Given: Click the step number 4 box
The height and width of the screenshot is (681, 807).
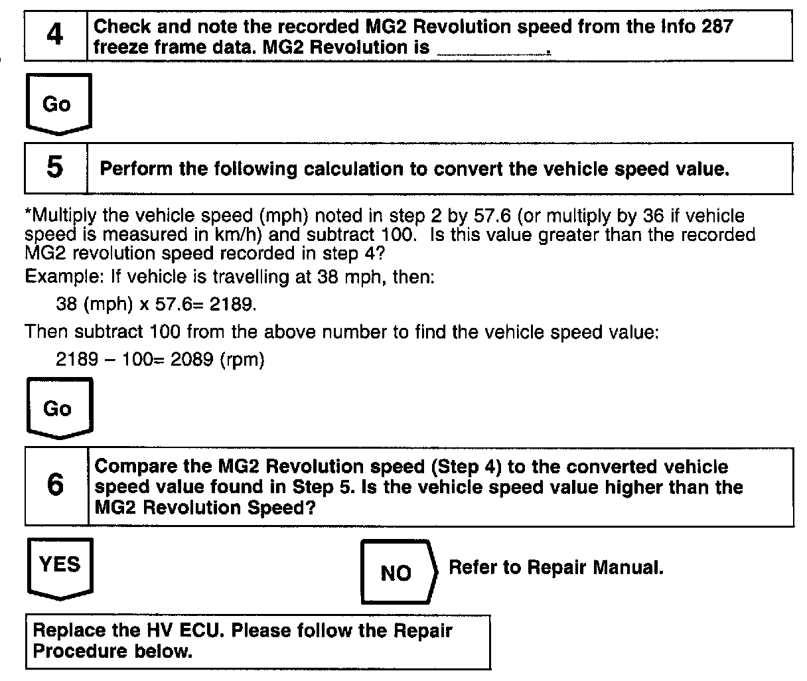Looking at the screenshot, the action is point(56,35).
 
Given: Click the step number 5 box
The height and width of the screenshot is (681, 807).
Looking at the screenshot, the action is point(56,167).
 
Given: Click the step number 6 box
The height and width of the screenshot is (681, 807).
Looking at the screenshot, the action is point(56,487).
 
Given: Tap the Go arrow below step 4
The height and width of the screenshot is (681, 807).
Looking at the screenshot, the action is point(57,104).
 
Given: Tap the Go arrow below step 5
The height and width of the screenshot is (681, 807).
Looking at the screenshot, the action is point(58,408).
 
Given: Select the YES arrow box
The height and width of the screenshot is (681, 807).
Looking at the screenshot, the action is point(60,566).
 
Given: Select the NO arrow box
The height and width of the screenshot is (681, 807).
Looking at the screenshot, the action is point(397,573).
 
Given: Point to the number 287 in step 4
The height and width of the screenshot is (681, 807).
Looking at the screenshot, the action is point(715,27).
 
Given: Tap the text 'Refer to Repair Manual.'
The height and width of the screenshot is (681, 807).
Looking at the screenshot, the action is point(556,567).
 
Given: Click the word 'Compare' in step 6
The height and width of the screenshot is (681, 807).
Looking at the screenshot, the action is point(133,467).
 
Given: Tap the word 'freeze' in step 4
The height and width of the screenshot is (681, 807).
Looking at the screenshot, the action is point(123,48).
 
